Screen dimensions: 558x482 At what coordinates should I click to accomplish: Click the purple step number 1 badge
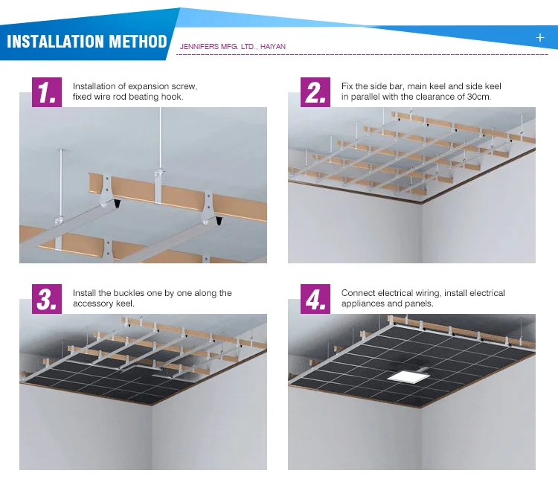47,92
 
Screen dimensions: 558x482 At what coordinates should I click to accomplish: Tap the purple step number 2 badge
315,92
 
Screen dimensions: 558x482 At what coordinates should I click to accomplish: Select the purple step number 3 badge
47,299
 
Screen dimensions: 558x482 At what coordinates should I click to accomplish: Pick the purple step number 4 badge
315,299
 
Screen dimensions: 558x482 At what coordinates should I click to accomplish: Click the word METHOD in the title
138,41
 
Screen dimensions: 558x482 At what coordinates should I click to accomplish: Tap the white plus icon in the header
540,37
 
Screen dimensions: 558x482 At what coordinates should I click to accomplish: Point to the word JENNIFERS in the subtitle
199,47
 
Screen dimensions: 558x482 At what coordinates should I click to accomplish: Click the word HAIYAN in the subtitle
273,47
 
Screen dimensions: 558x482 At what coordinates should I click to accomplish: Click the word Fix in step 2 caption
347,86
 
